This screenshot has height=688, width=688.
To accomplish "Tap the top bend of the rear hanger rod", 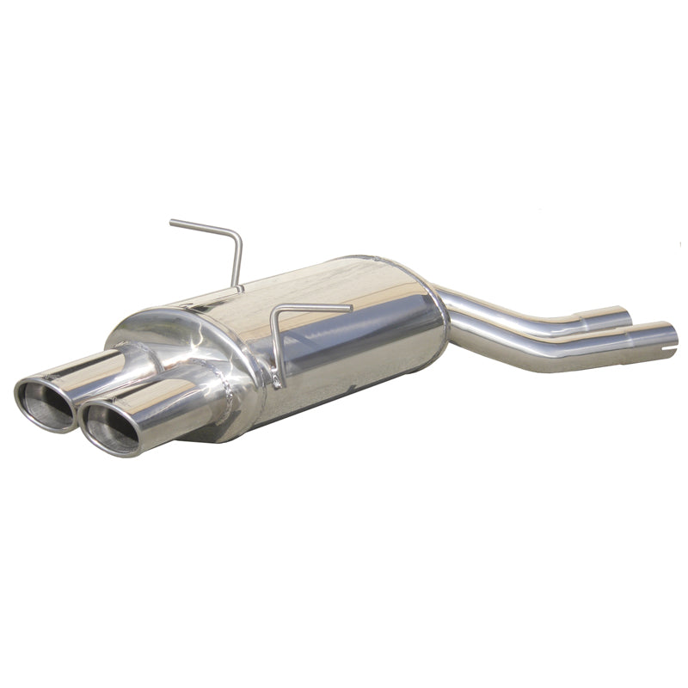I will [x=237, y=236].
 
